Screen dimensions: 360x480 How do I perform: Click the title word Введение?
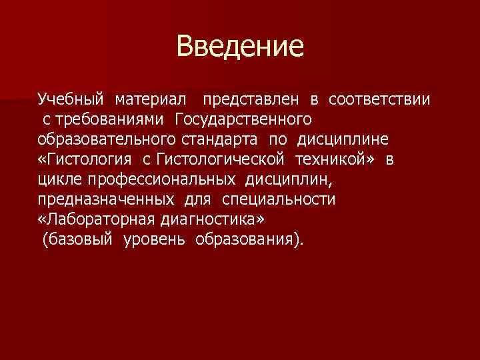[x=240, y=47]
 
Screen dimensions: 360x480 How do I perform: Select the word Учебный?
[x=71, y=100]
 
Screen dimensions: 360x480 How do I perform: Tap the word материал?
[x=151, y=100]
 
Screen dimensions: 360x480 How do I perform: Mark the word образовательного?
[x=96, y=140]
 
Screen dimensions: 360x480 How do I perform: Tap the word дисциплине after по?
[x=353, y=140]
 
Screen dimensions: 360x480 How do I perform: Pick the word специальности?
[x=280, y=200]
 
